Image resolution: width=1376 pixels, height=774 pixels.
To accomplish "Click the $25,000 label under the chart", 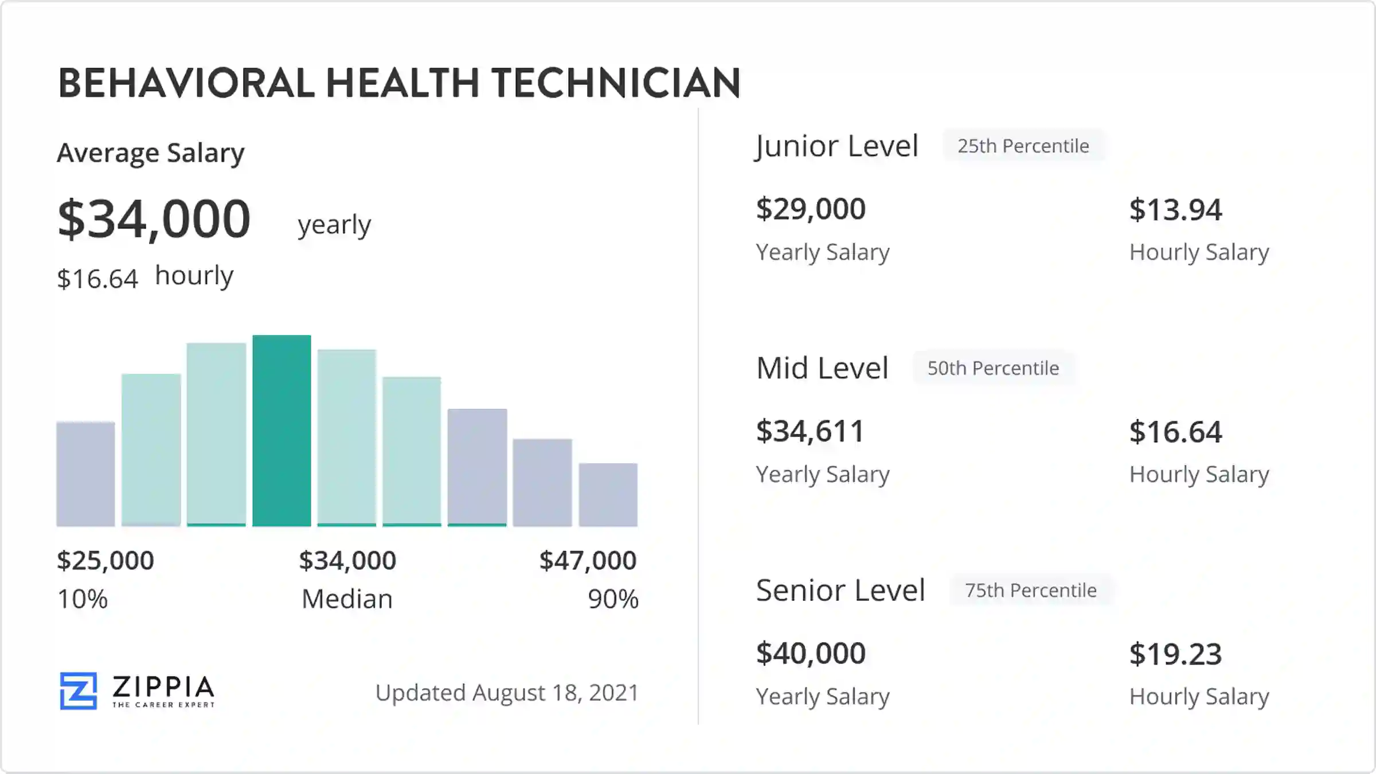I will pyautogui.click(x=105, y=560).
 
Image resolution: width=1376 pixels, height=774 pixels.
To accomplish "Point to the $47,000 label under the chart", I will pyautogui.click(x=588, y=560).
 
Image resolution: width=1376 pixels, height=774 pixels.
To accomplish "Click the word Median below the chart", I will pyautogui.click(x=347, y=599).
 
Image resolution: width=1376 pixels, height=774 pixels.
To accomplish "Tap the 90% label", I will pyautogui.click(x=613, y=599).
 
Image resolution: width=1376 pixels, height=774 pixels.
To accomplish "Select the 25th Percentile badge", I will pyautogui.click(x=1023, y=146).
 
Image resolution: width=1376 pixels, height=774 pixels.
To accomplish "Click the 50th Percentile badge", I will pyautogui.click(x=993, y=368).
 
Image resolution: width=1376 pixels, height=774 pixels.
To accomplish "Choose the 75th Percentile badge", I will pyautogui.click(x=1030, y=590).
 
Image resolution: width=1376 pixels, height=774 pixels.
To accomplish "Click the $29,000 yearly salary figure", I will pyautogui.click(x=810, y=209).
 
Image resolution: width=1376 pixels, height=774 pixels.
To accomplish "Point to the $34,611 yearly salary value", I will pyautogui.click(x=810, y=431).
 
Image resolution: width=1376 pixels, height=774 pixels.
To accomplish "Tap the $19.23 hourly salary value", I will pyautogui.click(x=1175, y=654).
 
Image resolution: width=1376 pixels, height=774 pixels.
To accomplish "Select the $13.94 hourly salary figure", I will pyautogui.click(x=1175, y=210).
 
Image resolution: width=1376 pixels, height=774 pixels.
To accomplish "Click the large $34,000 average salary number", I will pyautogui.click(x=154, y=219).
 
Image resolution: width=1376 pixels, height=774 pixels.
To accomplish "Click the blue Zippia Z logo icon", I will pyautogui.click(x=78, y=690).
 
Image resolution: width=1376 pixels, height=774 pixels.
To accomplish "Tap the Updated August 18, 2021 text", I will pyautogui.click(x=507, y=693).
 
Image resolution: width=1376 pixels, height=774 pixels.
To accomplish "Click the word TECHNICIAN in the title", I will pyautogui.click(x=616, y=83).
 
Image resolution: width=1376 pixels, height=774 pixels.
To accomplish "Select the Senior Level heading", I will pyautogui.click(x=840, y=590).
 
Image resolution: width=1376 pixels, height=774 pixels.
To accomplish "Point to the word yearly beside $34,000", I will pyautogui.click(x=334, y=225).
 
